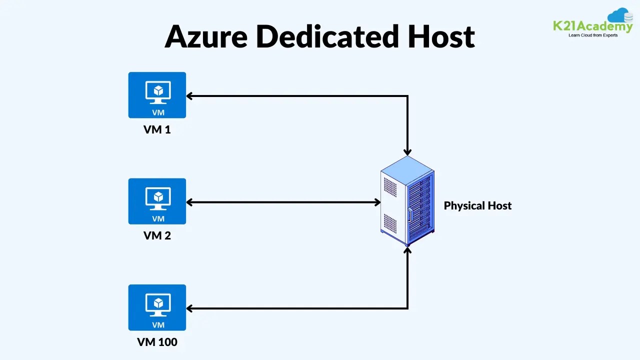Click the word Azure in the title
coord(206,36)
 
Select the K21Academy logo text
coord(592,26)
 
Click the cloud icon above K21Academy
coord(620,15)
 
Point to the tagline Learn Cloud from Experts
coord(593,35)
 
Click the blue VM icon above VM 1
coord(157,95)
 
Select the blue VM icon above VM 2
coord(157,201)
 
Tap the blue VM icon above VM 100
coord(157,307)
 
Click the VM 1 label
coord(157,129)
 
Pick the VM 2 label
coord(157,235)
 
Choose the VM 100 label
coord(157,342)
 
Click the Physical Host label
coord(477,205)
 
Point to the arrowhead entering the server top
coord(408,151)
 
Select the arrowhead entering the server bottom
coord(408,249)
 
